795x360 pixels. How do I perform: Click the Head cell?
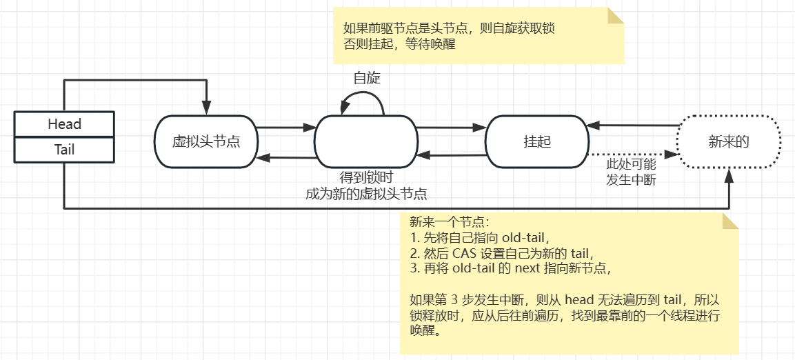64,124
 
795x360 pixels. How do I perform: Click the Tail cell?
64,150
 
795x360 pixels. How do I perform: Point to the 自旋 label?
367,78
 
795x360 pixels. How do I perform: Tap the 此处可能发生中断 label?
630,172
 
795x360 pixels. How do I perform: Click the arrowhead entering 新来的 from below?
729,177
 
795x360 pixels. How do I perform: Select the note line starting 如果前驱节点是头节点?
450,29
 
